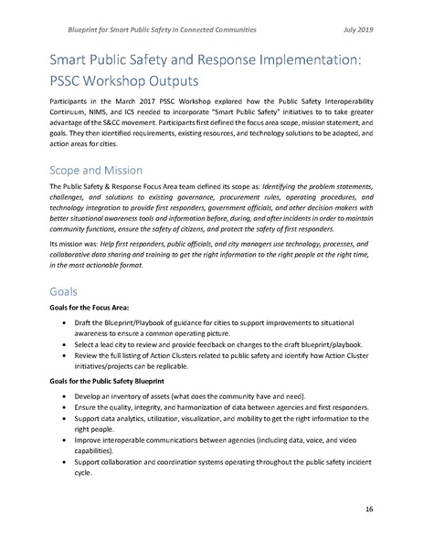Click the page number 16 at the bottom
click(368, 507)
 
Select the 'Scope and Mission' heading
click(90, 158)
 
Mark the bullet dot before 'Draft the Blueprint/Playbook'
click(61, 326)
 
